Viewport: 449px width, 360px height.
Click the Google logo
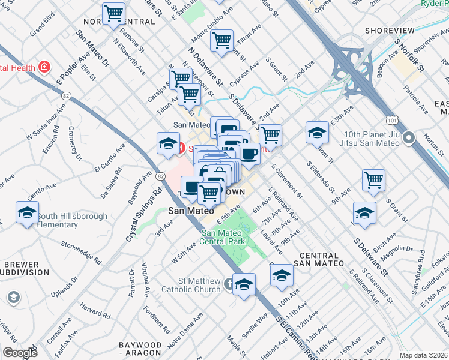pos(20,353)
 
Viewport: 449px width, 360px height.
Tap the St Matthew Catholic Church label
pos(191,286)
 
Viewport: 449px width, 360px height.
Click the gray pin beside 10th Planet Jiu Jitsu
pos(409,139)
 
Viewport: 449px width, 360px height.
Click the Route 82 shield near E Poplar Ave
pos(66,95)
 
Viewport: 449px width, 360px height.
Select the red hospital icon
pos(43,67)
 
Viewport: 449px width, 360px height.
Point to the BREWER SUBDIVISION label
pos(22,268)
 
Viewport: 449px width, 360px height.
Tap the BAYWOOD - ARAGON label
pos(140,349)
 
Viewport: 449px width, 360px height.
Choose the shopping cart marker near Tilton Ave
pos(222,41)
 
